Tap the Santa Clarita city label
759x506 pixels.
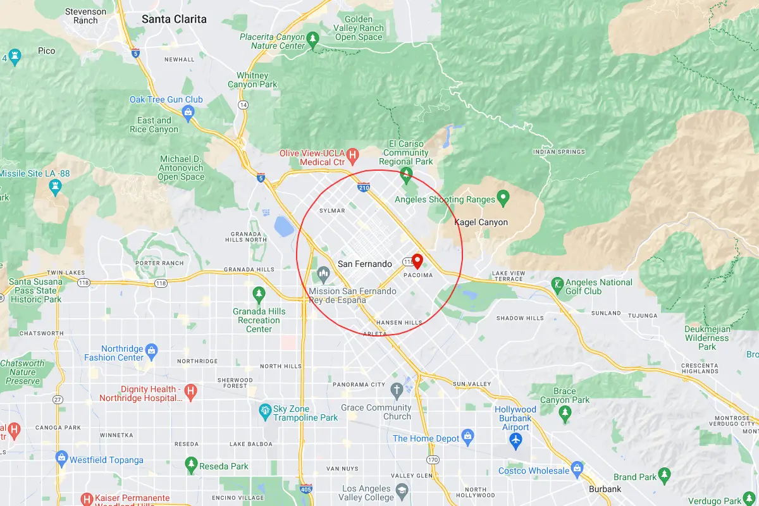click(174, 19)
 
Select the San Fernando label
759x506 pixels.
click(365, 264)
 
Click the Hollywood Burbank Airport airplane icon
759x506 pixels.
click(516, 438)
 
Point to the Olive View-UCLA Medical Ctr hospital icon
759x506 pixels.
click(353, 154)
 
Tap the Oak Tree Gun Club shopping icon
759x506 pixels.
click(187, 112)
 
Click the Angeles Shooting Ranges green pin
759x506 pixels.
click(503, 199)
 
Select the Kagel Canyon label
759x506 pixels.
click(481, 222)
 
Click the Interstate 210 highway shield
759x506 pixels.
click(363, 187)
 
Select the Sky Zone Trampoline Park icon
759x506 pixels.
click(266, 412)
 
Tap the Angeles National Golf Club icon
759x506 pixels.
click(557, 285)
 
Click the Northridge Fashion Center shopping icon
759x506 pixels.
click(151, 350)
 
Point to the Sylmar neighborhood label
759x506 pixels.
click(332, 210)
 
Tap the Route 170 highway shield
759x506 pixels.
click(433, 459)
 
